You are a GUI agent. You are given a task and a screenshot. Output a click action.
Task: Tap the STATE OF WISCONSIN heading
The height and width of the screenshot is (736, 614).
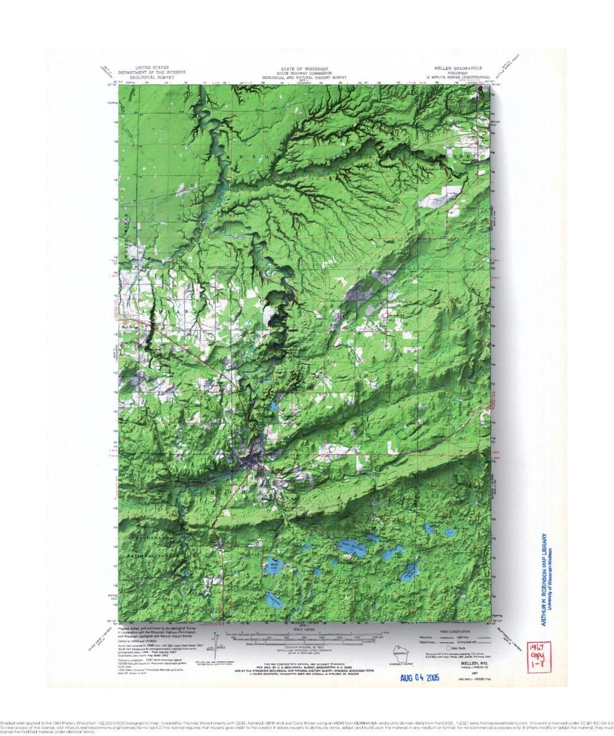pos(304,69)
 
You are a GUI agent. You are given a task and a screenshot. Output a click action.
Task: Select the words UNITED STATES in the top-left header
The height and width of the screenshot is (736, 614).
pos(152,68)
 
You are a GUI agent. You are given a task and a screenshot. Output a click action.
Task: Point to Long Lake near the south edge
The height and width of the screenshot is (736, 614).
pos(272,599)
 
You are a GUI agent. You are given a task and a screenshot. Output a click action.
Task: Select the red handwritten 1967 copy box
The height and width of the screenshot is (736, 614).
pos(536,655)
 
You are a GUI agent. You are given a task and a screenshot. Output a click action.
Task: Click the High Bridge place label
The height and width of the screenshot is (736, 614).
pos(130,328)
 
